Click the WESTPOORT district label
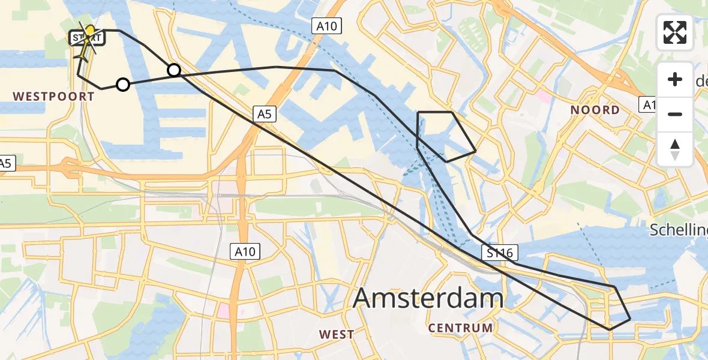(x=54, y=96)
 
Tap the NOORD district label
(x=595, y=110)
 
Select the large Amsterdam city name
(x=428, y=298)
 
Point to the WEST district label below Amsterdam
(x=337, y=334)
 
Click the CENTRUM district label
(x=461, y=328)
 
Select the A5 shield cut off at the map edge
(x=5, y=163)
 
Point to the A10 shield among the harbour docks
(x=326, y=26)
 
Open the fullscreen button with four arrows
(x=675, y=32)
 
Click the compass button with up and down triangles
(x=675, y=149)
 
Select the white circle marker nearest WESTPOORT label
(x=122, y=85)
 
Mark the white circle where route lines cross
(x=173, y=70)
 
